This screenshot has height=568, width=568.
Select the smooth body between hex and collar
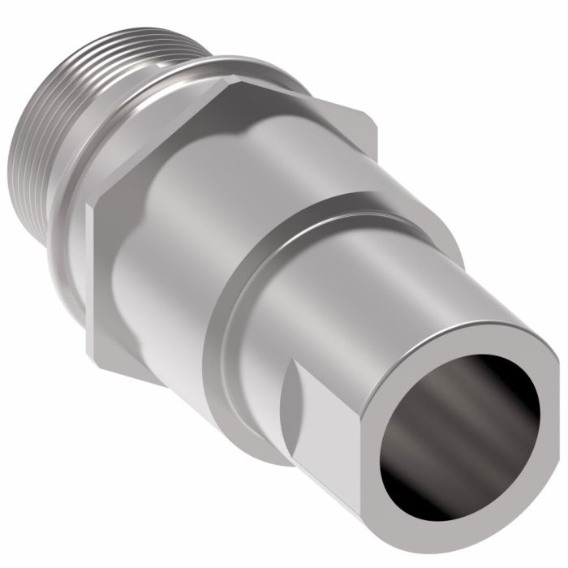click(x=187, y=243)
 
